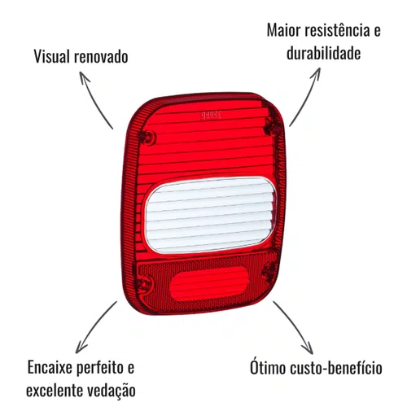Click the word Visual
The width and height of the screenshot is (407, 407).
click(x=52, y=56)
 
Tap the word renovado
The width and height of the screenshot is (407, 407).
click(x=101, y=57)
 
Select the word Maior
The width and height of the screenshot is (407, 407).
click(x=283, y=30)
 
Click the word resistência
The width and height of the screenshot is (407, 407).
click(x=337, y=29)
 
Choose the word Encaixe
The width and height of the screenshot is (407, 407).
click(x=50, y=368)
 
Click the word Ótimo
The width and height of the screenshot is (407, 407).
click(x=268, y=367)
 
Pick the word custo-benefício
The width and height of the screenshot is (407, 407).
click(x=336, y=369)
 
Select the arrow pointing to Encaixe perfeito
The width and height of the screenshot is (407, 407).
click(x=94, y=326)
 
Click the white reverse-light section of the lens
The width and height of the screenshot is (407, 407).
click(x=211, y=215)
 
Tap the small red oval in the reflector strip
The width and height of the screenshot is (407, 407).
click(x=209, y=283)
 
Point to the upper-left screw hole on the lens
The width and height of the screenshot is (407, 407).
click(x=149, y=138)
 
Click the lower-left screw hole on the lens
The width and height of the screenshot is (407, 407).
click(x=144, y=283)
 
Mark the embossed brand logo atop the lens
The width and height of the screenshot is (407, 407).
click(x=211, y=116)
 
